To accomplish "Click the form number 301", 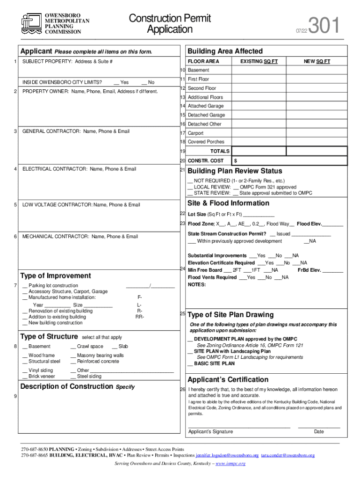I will pos(324,26).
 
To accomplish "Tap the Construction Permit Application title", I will pos(170,24).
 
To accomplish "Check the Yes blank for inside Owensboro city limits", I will pos(121,82).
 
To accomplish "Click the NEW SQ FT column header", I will pos(317,61).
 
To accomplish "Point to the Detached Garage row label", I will pos(206,115).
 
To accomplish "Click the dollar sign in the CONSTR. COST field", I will pos(236,160).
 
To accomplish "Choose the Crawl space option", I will pos(86,347).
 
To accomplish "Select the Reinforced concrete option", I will pos(94,362).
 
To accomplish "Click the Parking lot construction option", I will pos(50,285).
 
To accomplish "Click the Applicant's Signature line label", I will pos(210,431).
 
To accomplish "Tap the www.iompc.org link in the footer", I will pos(230,464).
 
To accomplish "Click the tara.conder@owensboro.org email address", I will pos(288,455).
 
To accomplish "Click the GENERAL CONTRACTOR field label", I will pos(76,131).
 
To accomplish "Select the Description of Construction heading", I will pos(67,386).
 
